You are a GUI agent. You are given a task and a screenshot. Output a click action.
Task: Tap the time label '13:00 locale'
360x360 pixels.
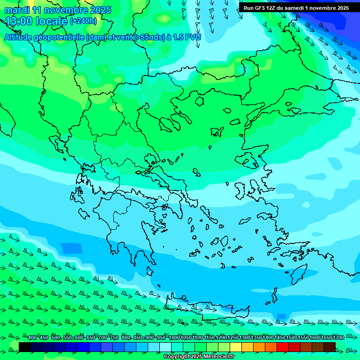coord(37,21)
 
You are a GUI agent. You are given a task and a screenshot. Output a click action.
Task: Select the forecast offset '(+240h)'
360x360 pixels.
coord(83,21)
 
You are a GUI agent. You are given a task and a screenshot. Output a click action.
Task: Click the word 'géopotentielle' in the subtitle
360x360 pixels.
coord(59,37)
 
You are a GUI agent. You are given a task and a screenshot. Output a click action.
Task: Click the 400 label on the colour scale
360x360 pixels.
coord(32,338)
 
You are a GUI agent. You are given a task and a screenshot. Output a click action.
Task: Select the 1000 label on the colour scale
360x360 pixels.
coord(174,338)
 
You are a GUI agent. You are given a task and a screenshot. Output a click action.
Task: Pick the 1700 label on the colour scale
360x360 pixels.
coord(338,338)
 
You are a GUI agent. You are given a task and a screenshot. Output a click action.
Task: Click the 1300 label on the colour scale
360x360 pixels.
coord(245,338)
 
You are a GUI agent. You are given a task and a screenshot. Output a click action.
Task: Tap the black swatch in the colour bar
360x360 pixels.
coord(25,347)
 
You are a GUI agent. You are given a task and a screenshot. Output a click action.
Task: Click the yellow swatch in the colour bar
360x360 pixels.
coord(236,347)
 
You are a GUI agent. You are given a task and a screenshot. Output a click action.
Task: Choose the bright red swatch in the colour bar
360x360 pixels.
coord(283,347)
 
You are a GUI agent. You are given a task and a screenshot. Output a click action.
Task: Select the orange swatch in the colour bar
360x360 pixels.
coord(259,347)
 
